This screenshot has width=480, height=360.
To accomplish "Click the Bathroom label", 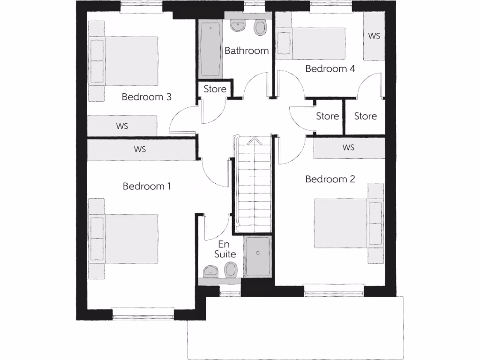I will click(247, 51).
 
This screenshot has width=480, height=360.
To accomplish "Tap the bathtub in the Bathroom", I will click(210, 49).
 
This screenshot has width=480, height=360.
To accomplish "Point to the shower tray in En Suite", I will click(257, 256).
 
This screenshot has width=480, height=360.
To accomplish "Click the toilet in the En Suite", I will click(231, 270).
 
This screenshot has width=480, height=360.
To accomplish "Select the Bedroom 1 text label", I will click(147, 187).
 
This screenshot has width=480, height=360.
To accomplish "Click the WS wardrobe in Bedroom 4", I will click(374, 36).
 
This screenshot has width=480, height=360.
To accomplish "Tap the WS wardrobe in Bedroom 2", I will click(349, 148).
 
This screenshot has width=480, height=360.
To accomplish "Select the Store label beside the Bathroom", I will click(215, 89).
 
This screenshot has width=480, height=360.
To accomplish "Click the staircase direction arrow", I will click(253, 140).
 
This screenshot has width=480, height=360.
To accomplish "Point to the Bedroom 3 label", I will click(146, 97).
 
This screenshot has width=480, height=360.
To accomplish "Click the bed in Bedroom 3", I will click(127, 61).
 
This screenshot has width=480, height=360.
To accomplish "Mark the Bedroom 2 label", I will click(330, 179).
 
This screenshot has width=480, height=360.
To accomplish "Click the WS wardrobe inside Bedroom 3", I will click(122, 126).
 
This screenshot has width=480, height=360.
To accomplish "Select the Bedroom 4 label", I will click(330, 69).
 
